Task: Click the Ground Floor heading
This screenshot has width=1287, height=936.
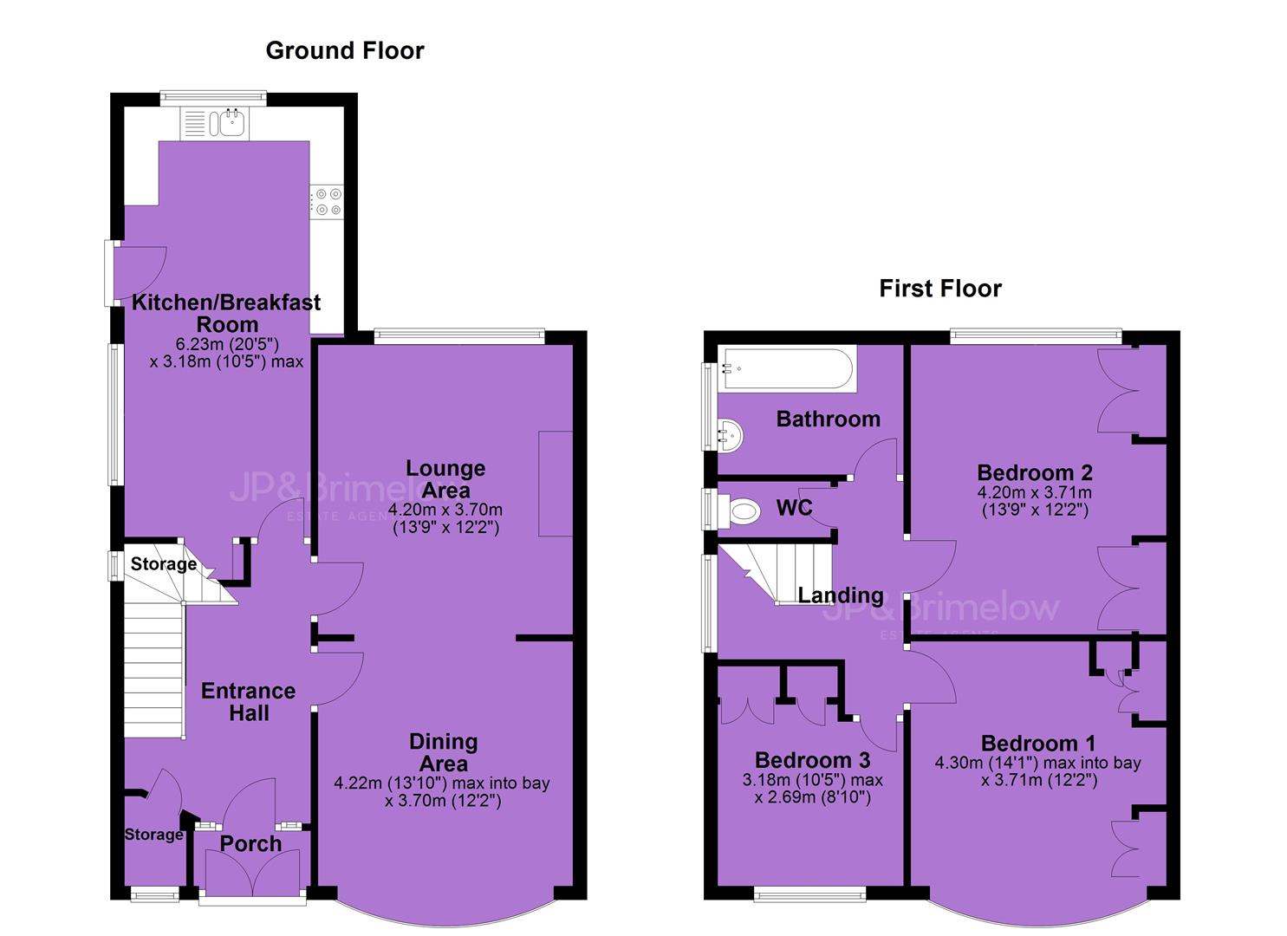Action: click(x=345, y=51)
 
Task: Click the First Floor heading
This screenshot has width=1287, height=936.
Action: click(x=940, y=289)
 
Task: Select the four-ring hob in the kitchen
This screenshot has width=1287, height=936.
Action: click(x=328, y=202)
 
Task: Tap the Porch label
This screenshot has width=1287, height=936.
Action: click(x=251, y=844)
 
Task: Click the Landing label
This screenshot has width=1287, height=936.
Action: click(x=841, y=596)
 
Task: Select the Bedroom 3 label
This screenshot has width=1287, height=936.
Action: click(x=812, y=760)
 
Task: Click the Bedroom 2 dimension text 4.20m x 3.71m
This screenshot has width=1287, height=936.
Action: click(x=1034, y=492)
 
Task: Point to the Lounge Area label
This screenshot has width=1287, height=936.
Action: click(x=445, y=479)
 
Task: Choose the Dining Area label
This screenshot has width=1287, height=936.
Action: click(x=443, y=753)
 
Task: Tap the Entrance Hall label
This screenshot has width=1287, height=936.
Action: click(x=248, y=702)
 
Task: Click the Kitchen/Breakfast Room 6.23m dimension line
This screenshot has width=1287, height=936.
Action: click(x=228, y=345)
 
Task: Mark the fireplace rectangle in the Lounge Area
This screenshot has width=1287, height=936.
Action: click(x=556, y=484)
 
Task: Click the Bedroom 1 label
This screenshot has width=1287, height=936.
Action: click(x=1037, y=744)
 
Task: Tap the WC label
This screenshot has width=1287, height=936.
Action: click(x=794, y=507)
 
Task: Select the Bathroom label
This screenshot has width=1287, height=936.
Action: click(x=828, y=419)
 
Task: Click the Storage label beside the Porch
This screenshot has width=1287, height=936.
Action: click(x=154, y=835)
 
